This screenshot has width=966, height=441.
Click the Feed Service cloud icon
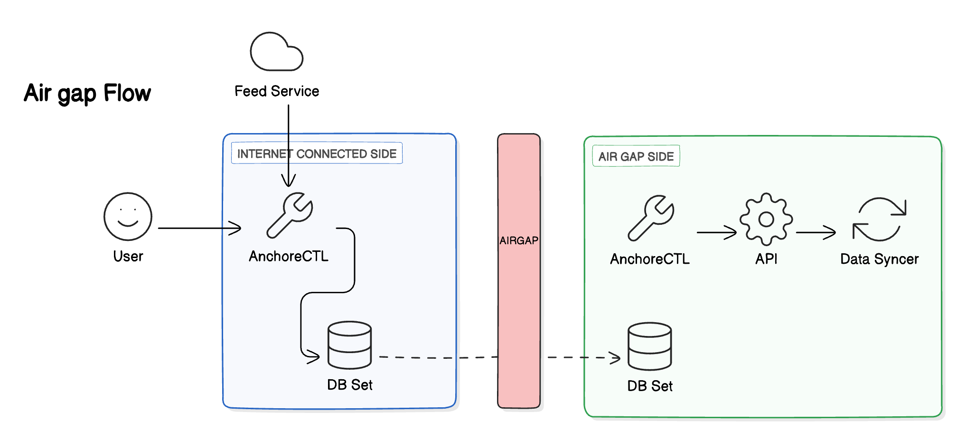pyautogui.click(x=276, y=52)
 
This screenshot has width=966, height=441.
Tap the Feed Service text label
pyautogui.click(x=277, y=91)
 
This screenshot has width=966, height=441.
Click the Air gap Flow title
pyautogui.click(x=87, y=93)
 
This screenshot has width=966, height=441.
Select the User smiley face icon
pyautogui.click(x=128, y=216)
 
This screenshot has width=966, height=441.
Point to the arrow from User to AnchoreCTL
pyautogui.click(x=199, y=228)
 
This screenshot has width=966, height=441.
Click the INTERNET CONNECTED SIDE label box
pyautogui.click(x=317, y=153)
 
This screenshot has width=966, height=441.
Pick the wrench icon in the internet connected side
pyautogui.click(x=290, y=215)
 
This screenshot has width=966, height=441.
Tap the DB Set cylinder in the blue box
pyautogui.click(x=350, y=345)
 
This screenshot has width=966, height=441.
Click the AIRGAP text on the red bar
pyautogui.click(x=519, y=240)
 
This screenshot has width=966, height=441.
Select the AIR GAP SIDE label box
pyautogui.click(x=636, y=156)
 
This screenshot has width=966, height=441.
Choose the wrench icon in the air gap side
pyautogui.click(x=651, y=218)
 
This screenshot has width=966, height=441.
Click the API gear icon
pyautogui.click(x=766, y=219)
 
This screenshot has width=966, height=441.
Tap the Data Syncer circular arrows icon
pyautogui.click(x=880, y=220)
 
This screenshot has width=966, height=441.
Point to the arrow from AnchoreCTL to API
pyautogui.click(x=716, y=232)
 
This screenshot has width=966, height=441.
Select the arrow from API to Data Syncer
pyautogui.click(x=816, y=232)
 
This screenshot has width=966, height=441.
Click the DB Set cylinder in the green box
pyautogui.click(x=649, y=346)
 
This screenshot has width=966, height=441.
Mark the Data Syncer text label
pyautogui.click(x=879, y=259)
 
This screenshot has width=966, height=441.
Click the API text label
pyautogui.click(x=766, y=259)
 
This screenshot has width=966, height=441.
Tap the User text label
pyautogui.click(x=128, y=257)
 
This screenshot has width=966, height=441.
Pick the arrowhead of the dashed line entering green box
pyautogui.click(x=616, y=358)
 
